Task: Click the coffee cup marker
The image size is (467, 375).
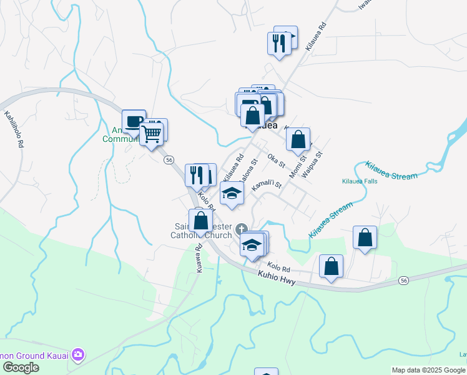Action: [133, 121]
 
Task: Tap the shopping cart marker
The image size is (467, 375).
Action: [152, 133]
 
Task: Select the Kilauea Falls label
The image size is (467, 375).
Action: [360, 181]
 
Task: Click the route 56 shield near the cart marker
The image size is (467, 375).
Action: [169, 160]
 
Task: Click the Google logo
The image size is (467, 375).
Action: [21, 367]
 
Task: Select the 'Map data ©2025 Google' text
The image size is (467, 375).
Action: [428, 370]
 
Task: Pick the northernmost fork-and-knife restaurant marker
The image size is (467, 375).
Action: [277, 43]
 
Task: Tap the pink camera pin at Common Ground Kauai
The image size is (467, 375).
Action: [77, 355]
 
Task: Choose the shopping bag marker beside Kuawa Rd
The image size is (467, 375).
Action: [200, 221]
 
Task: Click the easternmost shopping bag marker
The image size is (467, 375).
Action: [365, 237]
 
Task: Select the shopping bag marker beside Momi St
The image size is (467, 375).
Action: [298, 139]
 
